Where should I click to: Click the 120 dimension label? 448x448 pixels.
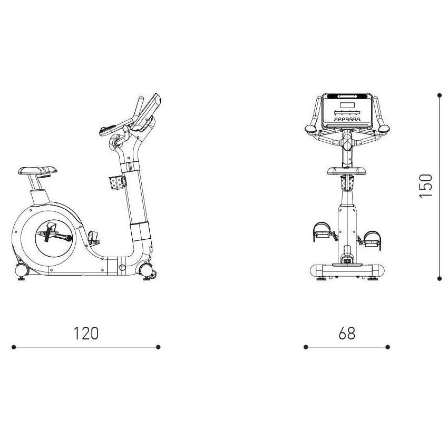tap(86, 333)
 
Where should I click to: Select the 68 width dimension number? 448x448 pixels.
tap(347, 333)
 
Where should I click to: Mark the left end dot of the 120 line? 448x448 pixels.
tap(14, 347)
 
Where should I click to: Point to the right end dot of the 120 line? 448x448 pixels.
tap(158, 347)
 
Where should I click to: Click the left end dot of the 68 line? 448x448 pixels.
tap(305, 347)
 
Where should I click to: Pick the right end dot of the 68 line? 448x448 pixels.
tap(387, 347)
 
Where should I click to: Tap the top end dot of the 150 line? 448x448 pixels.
tap(439, 95)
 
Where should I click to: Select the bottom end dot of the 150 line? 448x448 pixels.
tap(439, 277)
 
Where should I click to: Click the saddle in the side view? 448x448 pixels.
tap(38, 170)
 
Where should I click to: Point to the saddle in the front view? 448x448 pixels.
tap(346, 170)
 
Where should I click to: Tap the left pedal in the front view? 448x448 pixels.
tap(320, 232)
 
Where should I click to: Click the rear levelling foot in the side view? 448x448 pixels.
tap(22, 272)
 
